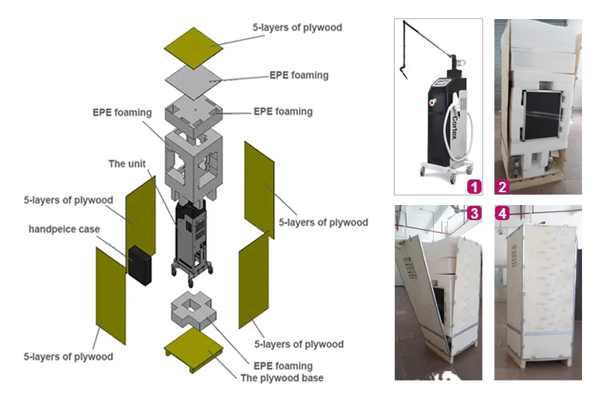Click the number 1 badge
click(474, 187)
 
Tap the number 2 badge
click(503, 187)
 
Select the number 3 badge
click(474, 213)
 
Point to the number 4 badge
click(503, 213)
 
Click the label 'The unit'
click(128, 164)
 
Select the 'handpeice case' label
click(65, 229)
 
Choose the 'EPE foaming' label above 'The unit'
click(121, 112)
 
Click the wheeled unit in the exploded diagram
click(192, 239)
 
